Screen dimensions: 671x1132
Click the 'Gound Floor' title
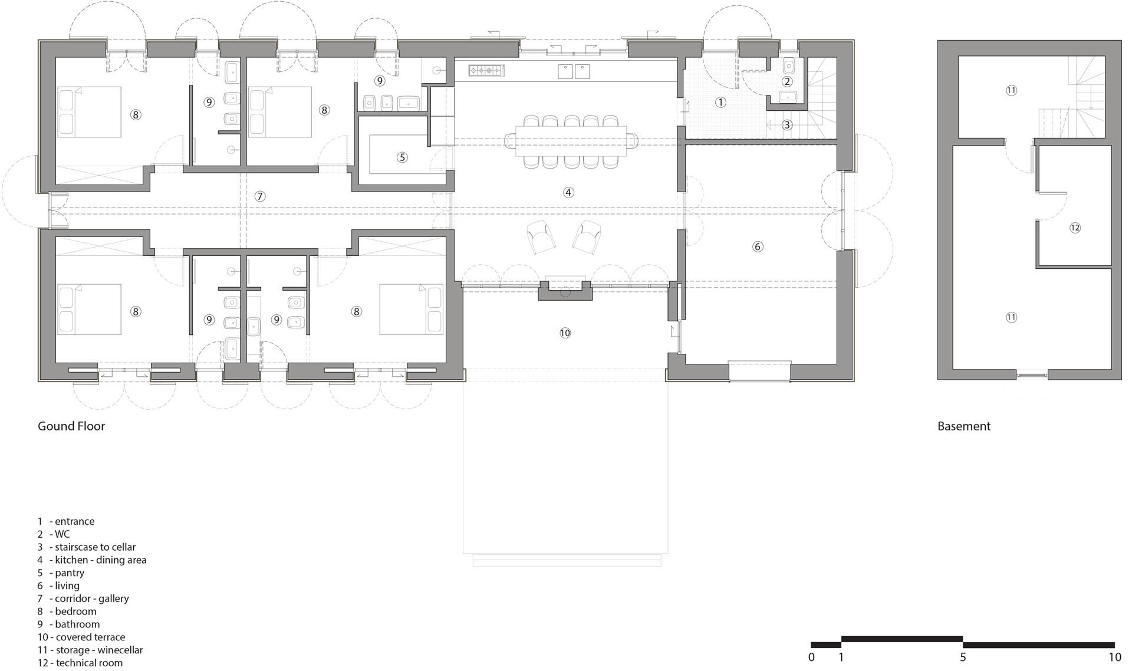tap(71, 426)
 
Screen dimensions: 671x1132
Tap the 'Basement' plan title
tap(963, 426)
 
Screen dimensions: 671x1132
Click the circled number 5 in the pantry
tap(402, 157)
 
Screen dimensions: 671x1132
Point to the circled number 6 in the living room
tap(758, 246)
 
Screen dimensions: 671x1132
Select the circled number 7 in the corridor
tap(260, 196)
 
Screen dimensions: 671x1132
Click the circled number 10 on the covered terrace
tap(565, 333)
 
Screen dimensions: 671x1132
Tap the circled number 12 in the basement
tap(1075, 228)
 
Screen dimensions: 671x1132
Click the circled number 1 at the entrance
tap(720, 102)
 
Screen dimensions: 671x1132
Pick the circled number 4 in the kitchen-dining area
tap(568, 192)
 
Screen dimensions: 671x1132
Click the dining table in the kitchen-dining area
tap(571, 142)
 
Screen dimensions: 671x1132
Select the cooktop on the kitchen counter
tap(487, 71)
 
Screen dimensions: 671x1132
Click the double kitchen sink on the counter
tap(574, 71)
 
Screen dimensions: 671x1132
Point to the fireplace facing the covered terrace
tap(565, 291)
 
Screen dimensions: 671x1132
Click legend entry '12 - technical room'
tap(80, 663)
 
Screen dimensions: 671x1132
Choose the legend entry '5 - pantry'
tap(61, 573)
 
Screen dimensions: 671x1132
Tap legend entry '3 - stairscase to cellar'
tap(87, 547)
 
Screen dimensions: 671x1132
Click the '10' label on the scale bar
tap(1114, 657)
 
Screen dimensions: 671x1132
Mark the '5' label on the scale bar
tap(963, 657)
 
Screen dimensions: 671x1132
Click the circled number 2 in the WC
tap(787, 81)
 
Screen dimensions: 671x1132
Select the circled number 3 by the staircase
tap(787, 125)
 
